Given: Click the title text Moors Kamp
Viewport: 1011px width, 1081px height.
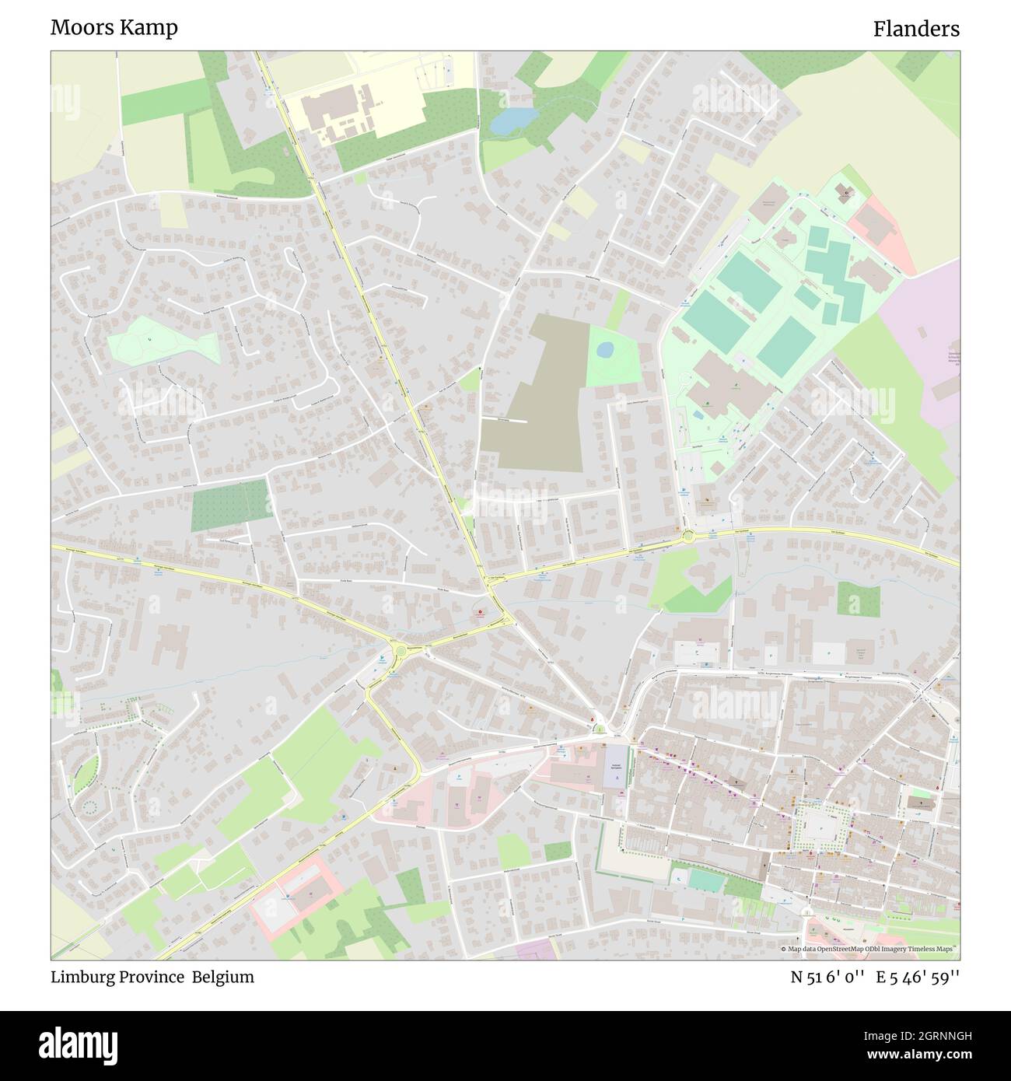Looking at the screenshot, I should point(114,27).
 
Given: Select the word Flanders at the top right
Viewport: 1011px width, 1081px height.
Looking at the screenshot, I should point(915,29).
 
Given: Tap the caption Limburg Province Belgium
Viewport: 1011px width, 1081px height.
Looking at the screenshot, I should point(152,977).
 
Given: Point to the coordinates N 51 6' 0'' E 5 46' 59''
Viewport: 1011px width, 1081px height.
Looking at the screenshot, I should point(875,977).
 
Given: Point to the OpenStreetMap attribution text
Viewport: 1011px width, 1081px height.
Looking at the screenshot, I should point(869,949).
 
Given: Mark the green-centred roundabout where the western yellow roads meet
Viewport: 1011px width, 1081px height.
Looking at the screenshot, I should point(399,650).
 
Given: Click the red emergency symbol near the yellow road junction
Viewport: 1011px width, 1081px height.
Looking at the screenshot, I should point(480,613).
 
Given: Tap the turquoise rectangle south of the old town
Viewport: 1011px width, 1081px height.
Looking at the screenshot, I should point(704,880).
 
